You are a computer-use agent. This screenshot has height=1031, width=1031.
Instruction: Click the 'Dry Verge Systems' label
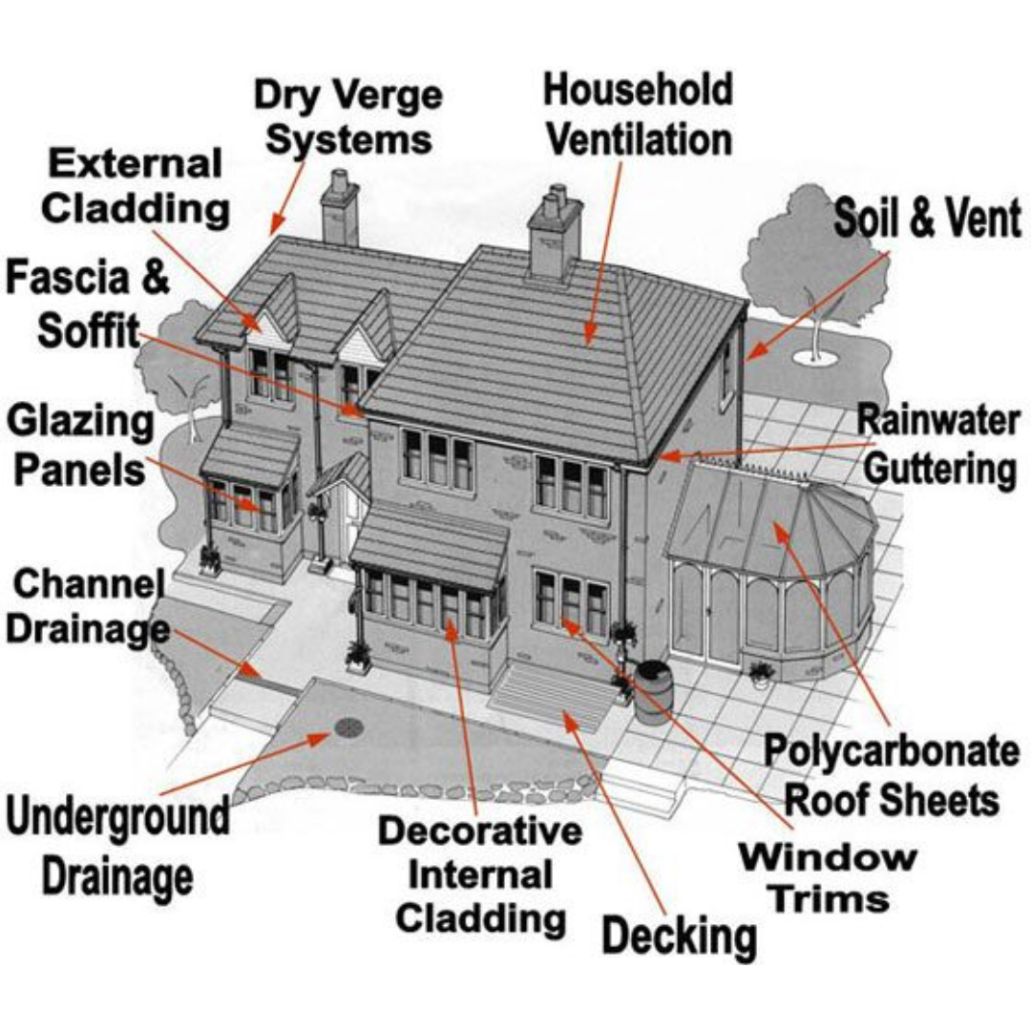coord(348,117)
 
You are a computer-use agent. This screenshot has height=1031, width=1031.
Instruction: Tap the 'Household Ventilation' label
coord(638,115)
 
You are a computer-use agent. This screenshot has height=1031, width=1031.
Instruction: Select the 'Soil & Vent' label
coord(927,219)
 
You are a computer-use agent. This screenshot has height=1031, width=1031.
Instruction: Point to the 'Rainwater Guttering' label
coord(937,444)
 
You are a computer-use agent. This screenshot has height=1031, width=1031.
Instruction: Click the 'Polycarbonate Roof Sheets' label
coord(892,774)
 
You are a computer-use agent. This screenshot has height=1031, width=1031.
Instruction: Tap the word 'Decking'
coord(680,936)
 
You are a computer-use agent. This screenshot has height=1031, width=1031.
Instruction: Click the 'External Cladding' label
coord(135,185)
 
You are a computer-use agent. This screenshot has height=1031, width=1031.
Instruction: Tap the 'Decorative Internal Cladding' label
coord(480,874)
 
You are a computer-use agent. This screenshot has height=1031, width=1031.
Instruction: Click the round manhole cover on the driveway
coord(348,728)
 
